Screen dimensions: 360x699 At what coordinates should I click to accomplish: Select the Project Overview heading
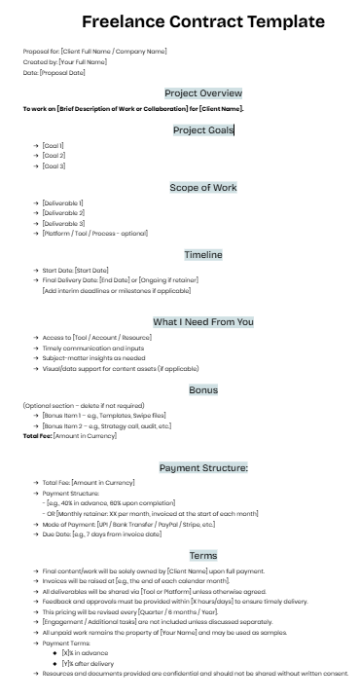[x=202, y=93]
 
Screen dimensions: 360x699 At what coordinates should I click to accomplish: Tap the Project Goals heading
[x=202, y=130]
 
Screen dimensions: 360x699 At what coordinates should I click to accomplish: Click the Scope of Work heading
[x=202, y=188]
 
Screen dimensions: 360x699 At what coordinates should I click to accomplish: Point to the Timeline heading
[x=203, y=255]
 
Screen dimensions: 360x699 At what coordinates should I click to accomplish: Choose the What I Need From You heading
[x=202, y=321]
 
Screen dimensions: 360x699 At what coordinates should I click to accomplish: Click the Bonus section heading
[x=203, y=389]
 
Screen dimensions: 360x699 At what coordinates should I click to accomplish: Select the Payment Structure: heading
[x=203, y=467]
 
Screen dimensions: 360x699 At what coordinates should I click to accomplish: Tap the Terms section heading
[x=203, y=555]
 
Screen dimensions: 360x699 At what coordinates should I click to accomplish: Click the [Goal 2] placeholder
[x=54, y=156]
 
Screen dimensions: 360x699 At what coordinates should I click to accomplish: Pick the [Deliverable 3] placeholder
[x=62, y=223]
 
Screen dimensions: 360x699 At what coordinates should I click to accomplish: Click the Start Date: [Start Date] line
[x=75, y=270]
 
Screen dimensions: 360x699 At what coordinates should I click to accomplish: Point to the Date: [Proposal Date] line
[x=54, y=72]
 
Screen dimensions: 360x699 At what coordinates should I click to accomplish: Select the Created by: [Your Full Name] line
[x=63, y=61]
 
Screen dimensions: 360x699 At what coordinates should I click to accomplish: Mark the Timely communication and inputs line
[x=93, y=348]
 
